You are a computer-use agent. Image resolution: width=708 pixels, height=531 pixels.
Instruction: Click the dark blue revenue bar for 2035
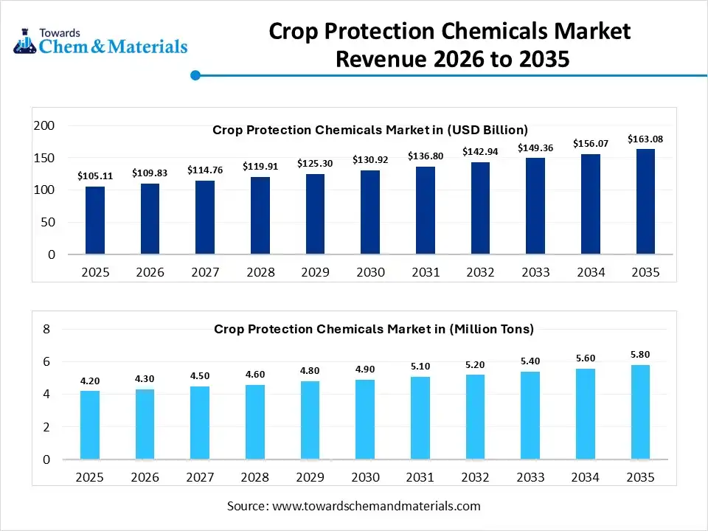645,201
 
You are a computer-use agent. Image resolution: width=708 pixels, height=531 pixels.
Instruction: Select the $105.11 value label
95,176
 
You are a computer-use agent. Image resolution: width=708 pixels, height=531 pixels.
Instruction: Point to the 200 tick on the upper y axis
45,126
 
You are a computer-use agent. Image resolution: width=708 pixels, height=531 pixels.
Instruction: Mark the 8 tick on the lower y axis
46,330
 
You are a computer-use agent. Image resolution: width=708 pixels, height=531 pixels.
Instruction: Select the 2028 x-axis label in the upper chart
260,272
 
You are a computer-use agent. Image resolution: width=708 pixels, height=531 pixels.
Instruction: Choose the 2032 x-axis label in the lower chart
475,477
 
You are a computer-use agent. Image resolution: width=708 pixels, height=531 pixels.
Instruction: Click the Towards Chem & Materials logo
100,42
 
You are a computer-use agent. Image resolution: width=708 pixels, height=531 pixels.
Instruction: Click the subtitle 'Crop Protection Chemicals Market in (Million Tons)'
374,329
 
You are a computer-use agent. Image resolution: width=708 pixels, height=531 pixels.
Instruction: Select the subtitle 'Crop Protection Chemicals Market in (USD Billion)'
370,130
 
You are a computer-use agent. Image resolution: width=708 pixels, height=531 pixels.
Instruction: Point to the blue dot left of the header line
195,75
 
